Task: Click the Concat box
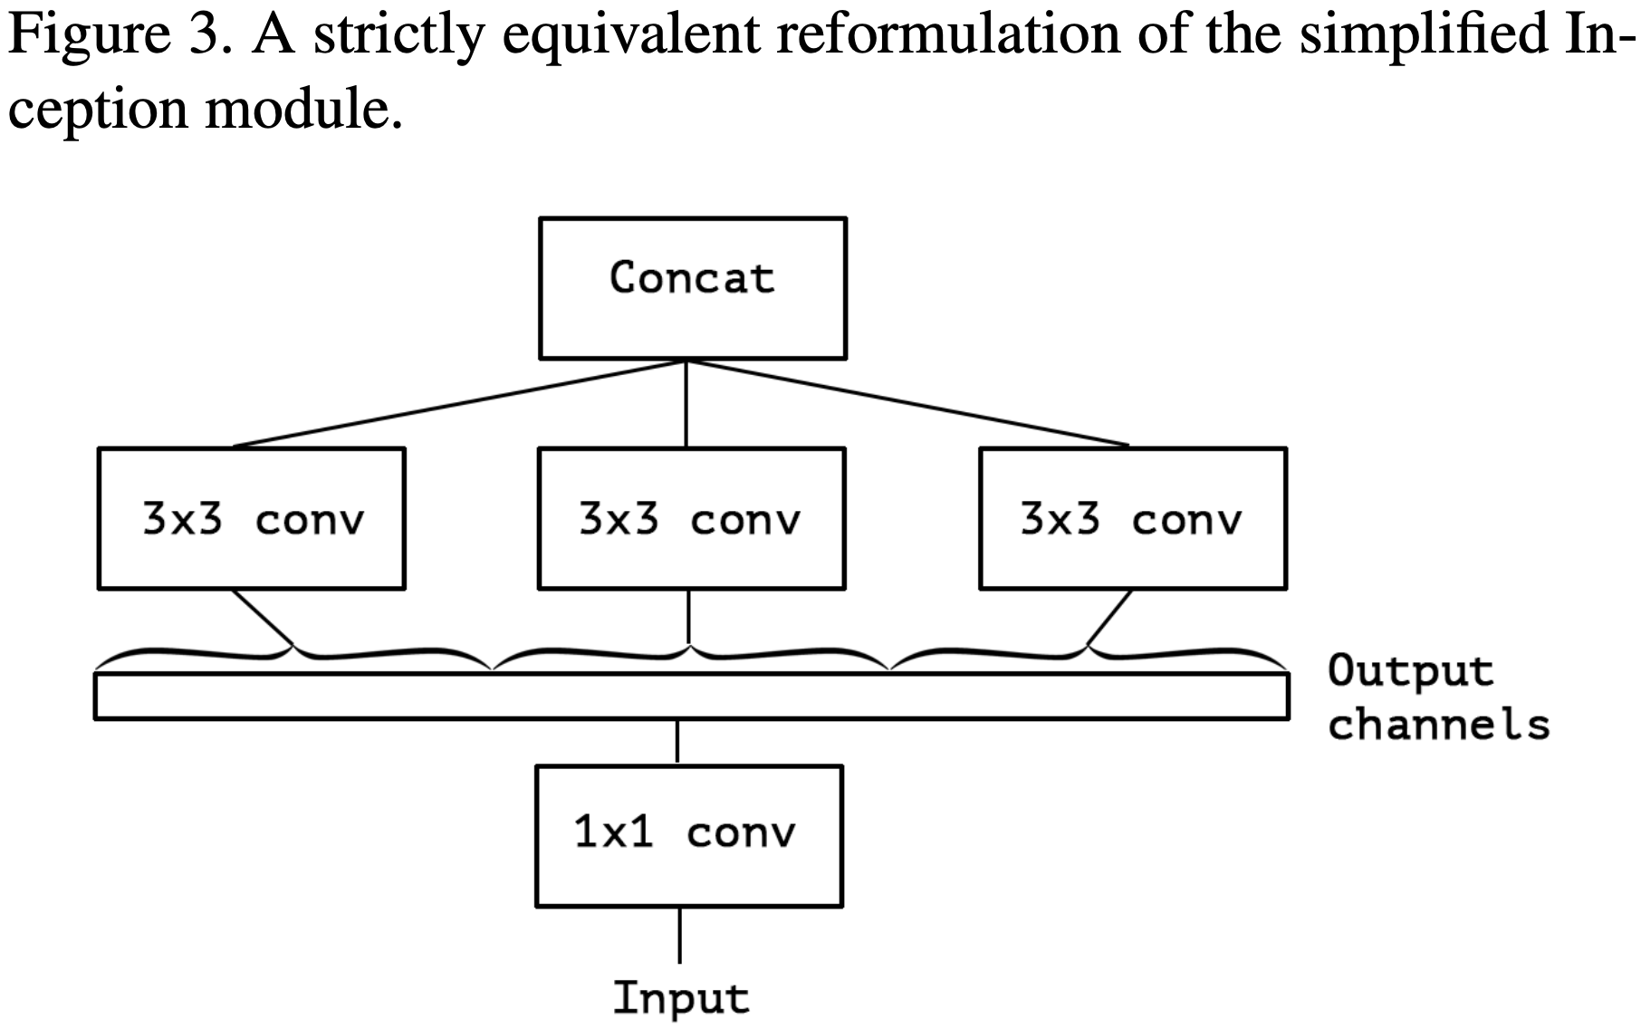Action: (693, 288)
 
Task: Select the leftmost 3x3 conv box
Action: (251, 518)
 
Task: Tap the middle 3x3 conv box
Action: (692, 518)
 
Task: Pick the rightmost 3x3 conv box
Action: (1133, 518)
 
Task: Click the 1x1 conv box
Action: (689, 835)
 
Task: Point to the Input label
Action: (681, 997)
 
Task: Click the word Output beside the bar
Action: (1410, 670)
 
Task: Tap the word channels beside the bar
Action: (1439, 724)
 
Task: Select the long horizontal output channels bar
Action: (692, 696)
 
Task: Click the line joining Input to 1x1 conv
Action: (679, 935)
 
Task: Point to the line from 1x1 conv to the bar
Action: (677, 743)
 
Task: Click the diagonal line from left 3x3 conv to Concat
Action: (459, 404)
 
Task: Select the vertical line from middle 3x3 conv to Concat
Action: (686, 404)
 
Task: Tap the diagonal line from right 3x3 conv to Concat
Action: (908, 404)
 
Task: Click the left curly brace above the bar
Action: (293, 656)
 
